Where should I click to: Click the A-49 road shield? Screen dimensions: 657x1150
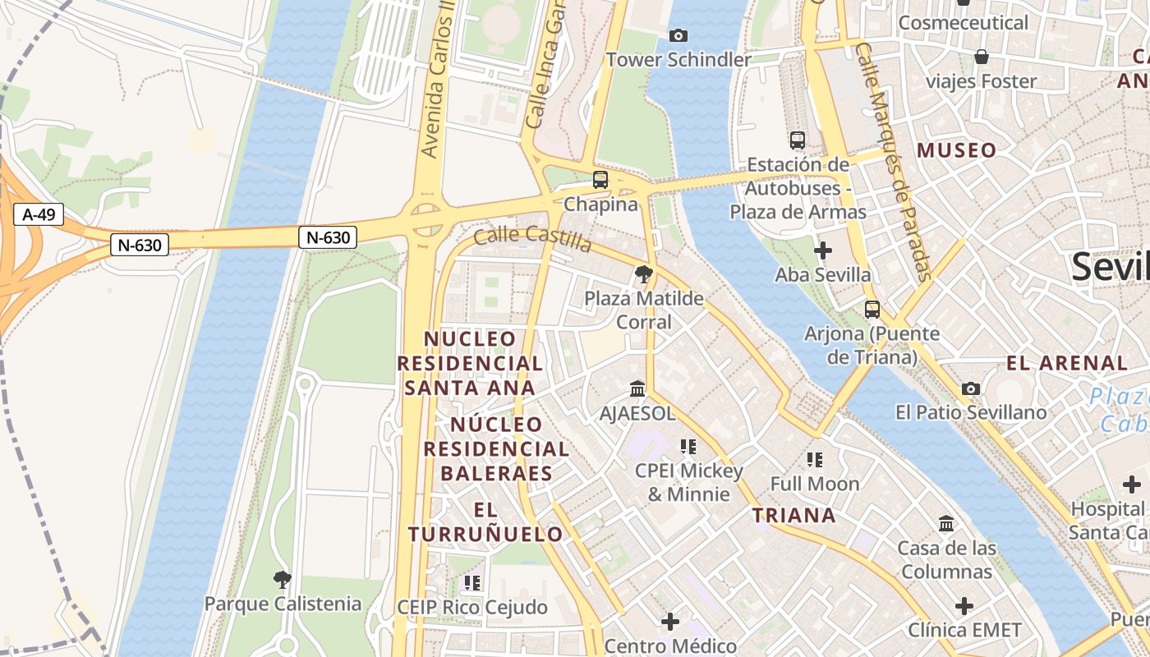tap(39, 215)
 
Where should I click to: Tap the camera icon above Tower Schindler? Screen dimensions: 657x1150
tap(678, 35)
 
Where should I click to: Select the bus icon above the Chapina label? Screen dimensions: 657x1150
tap(600, 180)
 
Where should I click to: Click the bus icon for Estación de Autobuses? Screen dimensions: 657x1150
tap(797, 140)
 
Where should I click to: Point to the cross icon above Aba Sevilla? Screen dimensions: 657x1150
tap(822, 250)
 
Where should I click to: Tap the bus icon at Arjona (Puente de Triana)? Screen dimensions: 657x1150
tap(872, 310)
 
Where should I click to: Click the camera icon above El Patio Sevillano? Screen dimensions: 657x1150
tap(971, 388)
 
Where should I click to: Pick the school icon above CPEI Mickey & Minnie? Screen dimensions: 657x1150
tap(688, 447)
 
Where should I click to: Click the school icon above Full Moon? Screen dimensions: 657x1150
tap(815, 460)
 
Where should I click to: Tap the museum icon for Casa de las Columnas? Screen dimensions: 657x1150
tap(946, 523)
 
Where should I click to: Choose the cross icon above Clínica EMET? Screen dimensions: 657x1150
tap(964, 606)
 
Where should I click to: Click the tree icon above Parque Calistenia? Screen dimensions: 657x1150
tap(282, 580)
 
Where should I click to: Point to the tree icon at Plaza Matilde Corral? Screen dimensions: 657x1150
tap(644, 273)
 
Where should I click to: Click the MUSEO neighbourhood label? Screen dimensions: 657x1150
tap(956, 150)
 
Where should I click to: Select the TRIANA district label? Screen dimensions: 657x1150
tap(794, 515)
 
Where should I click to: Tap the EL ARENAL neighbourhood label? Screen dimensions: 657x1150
tap(1067, 362)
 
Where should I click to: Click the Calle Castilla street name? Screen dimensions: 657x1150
tap(532, 239)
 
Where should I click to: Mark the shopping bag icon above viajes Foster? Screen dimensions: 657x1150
tap(981, 57)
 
